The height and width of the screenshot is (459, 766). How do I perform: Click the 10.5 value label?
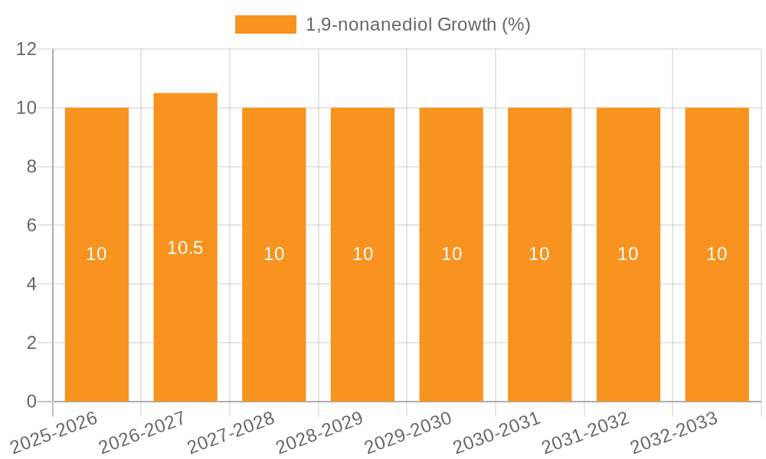coord(185,248)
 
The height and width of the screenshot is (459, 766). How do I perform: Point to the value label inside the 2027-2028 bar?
coord(274,254)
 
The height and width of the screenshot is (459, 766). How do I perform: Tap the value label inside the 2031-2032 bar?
coord(628,254)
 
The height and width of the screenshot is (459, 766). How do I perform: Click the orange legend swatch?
coord(265,24)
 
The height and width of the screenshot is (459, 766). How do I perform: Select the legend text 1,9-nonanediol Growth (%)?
coord(417,24)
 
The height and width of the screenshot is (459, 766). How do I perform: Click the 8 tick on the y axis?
coord(31,167)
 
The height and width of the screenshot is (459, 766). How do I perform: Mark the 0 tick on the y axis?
coord(31,402)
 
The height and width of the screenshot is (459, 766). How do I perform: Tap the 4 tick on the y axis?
coord(31,284)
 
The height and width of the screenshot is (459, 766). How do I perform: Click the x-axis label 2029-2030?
coord(408,433)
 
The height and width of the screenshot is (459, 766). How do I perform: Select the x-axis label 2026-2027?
coord(143,433)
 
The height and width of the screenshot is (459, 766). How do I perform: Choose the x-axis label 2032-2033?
coord(674,433)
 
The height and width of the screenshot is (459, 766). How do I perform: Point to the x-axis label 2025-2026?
coord(54,433)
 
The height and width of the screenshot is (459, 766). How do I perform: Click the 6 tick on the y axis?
coord(31,226)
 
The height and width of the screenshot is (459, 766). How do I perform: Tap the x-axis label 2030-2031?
coord(497,433)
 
